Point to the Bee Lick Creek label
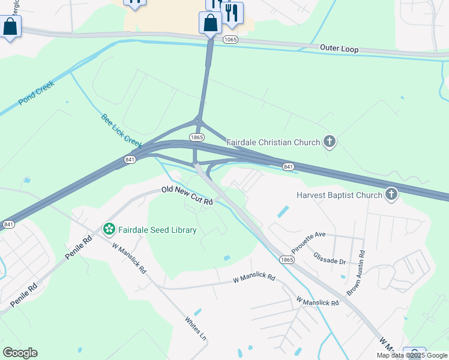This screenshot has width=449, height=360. (121, 131)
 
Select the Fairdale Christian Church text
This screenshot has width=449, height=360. (273, 142)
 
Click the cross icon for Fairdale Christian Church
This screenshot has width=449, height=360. (329, 142)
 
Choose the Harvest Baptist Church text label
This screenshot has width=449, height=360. (339, 195)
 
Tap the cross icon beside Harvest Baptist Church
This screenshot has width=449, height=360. (391, 194)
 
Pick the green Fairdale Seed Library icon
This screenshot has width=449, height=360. (109, 229)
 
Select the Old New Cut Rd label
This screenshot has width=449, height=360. (187, 196)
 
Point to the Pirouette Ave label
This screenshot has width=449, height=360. (308, 241)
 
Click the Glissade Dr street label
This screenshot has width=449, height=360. (330, 258)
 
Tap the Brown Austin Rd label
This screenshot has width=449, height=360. (356, 273)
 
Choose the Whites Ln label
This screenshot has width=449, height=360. (196, 329)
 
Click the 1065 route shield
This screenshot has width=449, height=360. (231, 40)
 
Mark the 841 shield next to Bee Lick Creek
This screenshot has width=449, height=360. (130, 160)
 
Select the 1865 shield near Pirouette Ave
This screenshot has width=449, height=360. (286, 259)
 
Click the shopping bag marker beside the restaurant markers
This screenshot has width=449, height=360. (211, 24)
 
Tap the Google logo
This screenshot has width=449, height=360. (20, 353)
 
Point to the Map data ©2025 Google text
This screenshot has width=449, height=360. (412, 355)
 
